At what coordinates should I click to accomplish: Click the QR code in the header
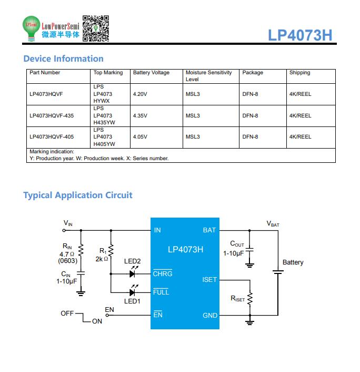(x=95, y=28)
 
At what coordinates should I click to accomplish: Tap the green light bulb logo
(x=31, y=28)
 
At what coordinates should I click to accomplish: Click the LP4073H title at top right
(x=300, y=35)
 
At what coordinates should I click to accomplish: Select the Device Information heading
(x=64, y=58)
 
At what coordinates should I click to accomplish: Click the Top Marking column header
(x=108, y=73)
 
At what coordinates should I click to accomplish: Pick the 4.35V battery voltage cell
(x=140, y=116)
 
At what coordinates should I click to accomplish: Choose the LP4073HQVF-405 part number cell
(x=52, y=137)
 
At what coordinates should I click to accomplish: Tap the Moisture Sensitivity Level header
(x=208, y=76)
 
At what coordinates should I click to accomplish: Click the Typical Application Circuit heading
(x=78, y=195)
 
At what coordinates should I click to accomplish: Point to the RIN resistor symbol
(x=81, y=250)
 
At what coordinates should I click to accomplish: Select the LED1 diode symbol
(x=133, y=292)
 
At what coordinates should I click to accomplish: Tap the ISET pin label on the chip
(x=209, y=280)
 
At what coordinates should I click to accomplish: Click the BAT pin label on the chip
(x=209, y=230)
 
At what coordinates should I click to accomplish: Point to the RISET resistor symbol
(x=250, y=299)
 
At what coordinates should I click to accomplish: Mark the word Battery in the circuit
(x=293, y=262)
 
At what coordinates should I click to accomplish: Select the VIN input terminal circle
(x=64, y=230)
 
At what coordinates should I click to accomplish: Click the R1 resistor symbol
(x=111, y=250)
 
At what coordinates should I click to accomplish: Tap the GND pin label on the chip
(x=210, y=316)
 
